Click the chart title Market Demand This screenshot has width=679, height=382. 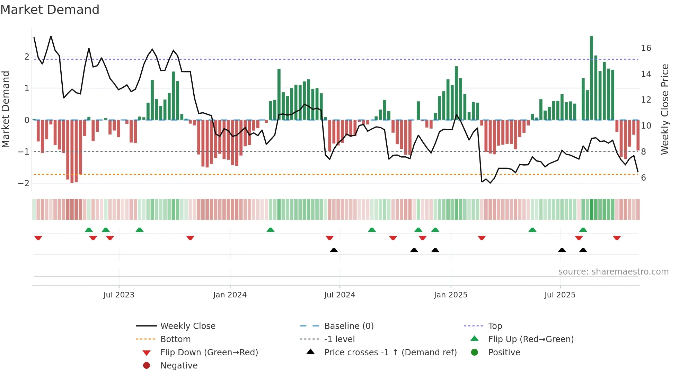click(50, 9)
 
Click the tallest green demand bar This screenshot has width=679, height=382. click(591, 78)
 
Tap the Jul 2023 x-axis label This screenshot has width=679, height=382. click(119, 295)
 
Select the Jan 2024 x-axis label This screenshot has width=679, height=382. click(230, 295)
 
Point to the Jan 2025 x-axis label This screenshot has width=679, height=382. click(450, 295)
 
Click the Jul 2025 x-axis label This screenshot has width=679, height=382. click(560, 295)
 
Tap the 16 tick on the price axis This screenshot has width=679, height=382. click(646, 48)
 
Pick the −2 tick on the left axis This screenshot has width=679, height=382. click(24, 183)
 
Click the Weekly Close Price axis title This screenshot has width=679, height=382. click(664, 109)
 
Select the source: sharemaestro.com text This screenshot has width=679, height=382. click(613, 271)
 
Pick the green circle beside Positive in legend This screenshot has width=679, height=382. click(475, 352)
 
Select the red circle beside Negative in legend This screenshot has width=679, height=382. click(147, 365)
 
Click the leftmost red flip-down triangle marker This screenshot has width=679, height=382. click(38, 238)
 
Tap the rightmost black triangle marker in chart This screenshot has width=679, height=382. click(583, 250)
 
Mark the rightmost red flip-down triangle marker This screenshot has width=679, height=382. click(617, 238)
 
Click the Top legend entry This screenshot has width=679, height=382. click(495, 326)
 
